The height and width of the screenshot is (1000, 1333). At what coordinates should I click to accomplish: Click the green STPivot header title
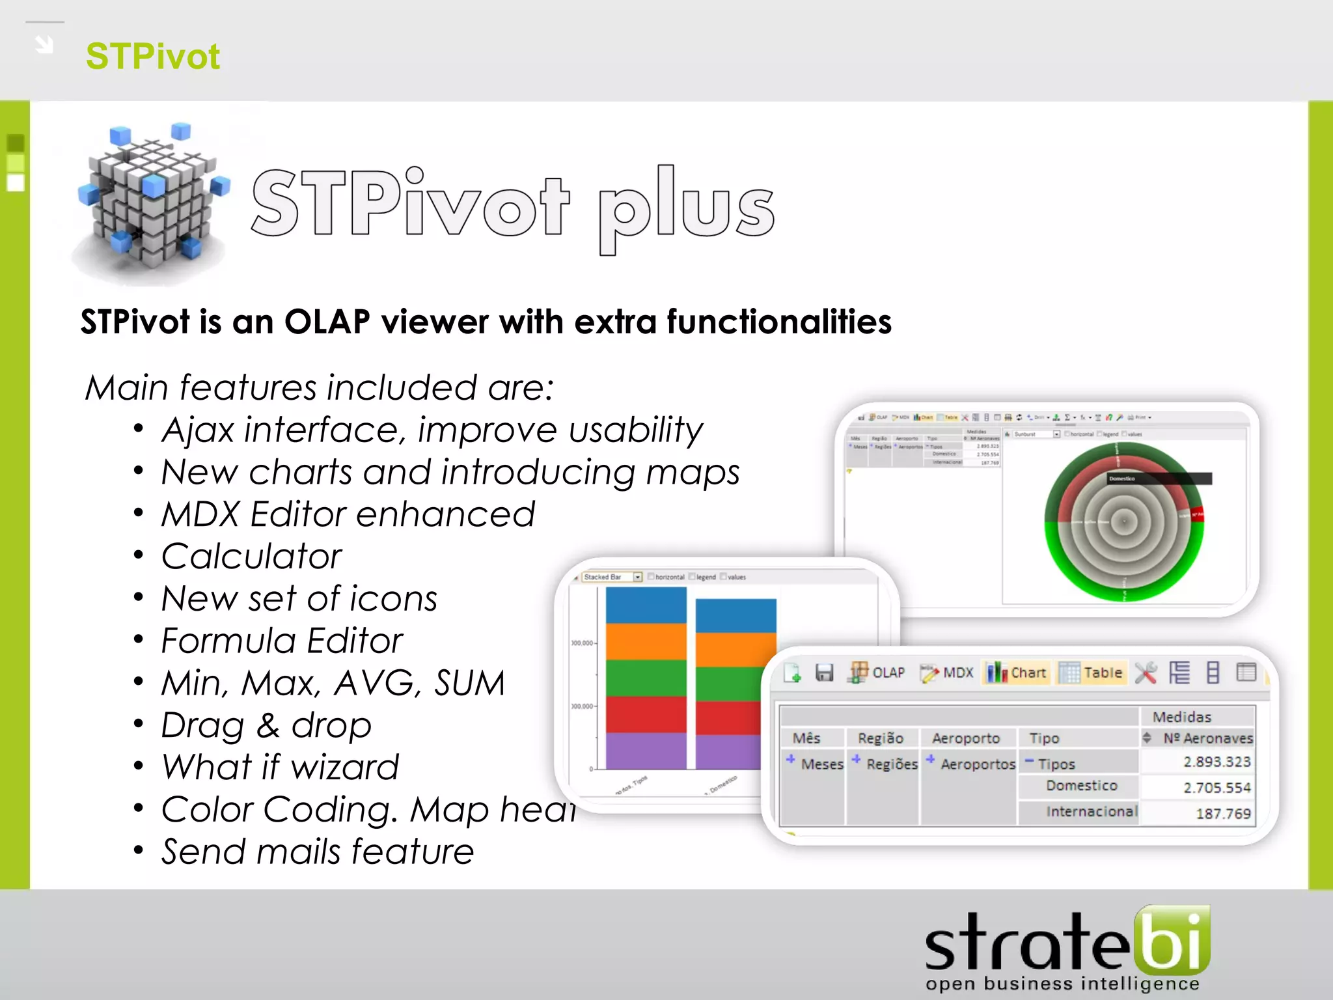152,56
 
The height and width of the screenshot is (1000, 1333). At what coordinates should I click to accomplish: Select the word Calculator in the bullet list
251,557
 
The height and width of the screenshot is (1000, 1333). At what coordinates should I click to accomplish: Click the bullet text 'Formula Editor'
281,641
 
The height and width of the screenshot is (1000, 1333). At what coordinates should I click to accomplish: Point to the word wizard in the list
346,768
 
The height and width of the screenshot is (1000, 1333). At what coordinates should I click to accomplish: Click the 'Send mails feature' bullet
317,852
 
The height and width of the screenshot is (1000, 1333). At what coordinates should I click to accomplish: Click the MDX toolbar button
948,673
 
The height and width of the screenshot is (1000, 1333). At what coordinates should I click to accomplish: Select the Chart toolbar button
1017,673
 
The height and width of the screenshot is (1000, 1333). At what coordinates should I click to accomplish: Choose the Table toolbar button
1092,673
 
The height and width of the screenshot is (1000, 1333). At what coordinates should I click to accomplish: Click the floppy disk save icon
824,673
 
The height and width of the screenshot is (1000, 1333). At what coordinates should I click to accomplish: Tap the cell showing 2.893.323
1216,762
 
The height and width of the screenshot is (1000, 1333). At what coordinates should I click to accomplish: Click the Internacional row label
1091,812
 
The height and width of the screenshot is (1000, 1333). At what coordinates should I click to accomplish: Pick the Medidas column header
1181,717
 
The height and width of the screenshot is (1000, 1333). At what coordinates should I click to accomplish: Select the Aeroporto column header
965,738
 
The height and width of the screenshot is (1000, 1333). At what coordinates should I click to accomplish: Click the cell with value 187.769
1223,814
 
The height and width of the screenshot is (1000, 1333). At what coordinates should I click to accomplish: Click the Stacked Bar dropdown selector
612,577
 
